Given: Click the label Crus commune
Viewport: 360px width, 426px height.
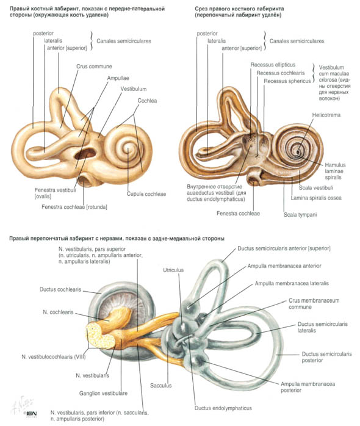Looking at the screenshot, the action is point(94,67).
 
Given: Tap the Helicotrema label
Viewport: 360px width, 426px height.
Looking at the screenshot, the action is point(326,115).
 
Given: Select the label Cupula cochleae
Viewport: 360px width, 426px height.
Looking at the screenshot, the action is point(146,194).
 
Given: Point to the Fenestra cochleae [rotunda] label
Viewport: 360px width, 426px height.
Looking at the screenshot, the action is point(74,207).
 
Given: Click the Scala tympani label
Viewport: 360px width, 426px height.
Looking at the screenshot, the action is point(300,215).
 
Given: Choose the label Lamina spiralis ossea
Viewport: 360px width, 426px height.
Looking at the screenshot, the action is point(316,198).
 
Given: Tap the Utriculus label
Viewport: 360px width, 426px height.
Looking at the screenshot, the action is point(173,270).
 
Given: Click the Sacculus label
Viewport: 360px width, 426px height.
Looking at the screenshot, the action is point(161,385).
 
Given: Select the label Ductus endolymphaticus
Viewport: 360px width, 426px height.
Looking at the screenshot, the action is point(223,408).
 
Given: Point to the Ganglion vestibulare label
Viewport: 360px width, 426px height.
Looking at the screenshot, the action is point(103,393).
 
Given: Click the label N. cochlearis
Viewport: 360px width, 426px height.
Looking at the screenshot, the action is point(58,312).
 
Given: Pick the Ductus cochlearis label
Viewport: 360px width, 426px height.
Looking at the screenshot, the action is point(60,289).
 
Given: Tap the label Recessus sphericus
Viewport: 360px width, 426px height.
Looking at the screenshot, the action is point(287,81).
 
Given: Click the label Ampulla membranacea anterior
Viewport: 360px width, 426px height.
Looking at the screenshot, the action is point(284,265).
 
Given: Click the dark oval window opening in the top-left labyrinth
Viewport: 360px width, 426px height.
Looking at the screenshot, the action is point(85,154).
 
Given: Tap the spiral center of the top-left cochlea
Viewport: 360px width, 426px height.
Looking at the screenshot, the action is point(127,148).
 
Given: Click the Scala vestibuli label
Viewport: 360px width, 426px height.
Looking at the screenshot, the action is point(315,188).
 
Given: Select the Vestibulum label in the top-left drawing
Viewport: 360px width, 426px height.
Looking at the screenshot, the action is point(134,89).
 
